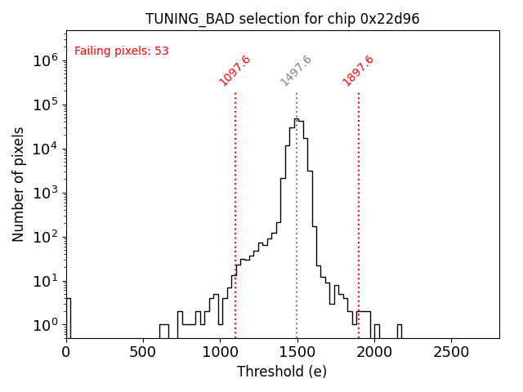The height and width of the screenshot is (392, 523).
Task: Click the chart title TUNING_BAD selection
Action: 282,19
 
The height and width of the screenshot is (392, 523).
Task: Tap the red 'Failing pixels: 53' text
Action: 121,51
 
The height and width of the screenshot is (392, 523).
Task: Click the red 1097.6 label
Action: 235,71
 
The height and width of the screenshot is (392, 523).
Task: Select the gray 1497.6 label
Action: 296,71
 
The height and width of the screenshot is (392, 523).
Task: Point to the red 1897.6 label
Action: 358,71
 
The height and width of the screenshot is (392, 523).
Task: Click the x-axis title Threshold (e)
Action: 282,372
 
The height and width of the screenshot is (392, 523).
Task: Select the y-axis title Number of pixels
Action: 19,184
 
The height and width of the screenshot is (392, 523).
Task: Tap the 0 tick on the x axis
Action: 66,352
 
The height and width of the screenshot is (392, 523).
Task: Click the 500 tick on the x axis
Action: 143,352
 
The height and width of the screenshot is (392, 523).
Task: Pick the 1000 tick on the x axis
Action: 220,352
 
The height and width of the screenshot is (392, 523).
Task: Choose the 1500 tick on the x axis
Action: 297,352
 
